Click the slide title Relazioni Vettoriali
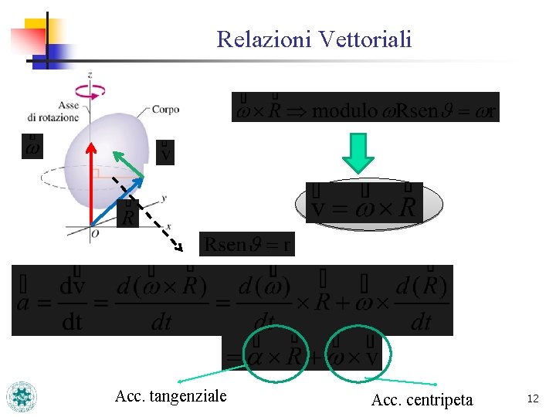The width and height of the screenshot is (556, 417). [314, 39]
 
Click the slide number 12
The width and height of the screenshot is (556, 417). [532, 398]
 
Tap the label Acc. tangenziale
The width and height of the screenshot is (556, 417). [171, 396]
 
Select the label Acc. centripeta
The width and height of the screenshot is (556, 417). [422, 400]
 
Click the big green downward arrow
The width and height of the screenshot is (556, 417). [358, 153]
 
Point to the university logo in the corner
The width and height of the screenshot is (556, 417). [22, 396]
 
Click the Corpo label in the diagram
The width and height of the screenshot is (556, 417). [165, 110]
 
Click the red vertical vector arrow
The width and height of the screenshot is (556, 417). [91, 185]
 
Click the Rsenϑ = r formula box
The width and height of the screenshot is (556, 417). [247, 245]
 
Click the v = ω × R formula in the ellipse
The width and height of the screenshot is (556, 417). [364, 204]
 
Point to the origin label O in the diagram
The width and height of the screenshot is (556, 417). [94, 233]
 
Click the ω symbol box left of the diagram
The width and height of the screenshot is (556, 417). [32, 146]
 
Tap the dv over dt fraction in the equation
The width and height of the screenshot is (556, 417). [72, 303]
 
